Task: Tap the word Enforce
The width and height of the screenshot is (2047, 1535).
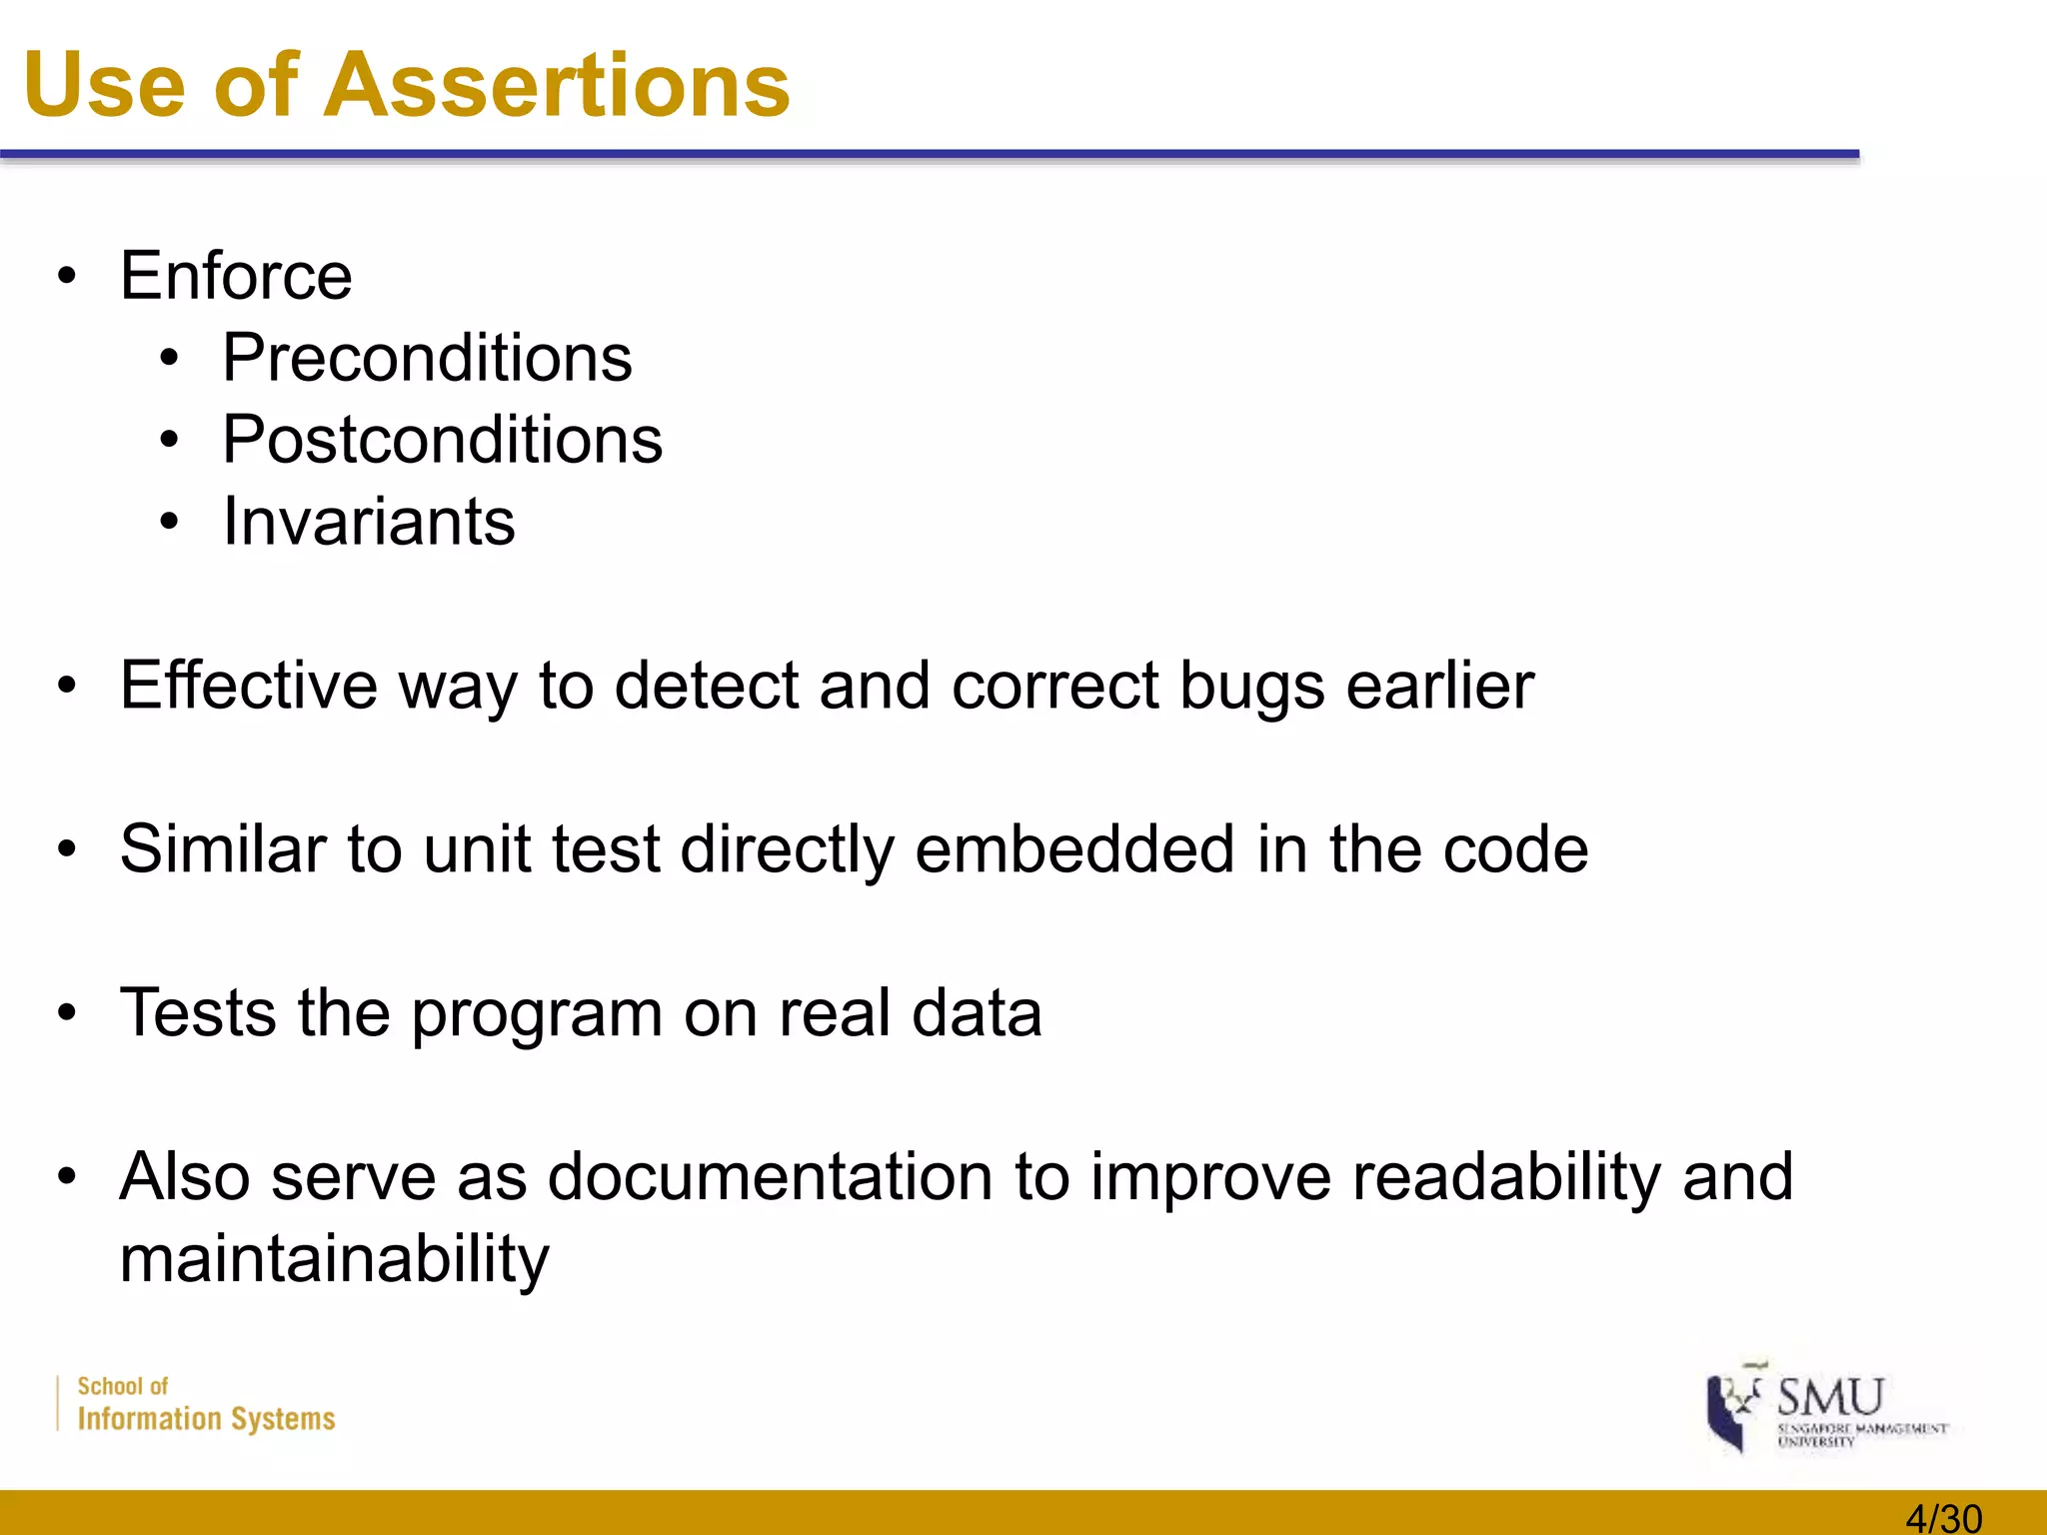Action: pos(236,276)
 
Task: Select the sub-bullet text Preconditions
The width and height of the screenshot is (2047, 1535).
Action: pos(427,358)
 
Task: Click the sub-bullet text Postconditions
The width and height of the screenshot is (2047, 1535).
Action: pos(442,440)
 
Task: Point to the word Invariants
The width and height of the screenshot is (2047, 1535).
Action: pos(369,522)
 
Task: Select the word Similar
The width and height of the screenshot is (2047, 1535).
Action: pos(225,849)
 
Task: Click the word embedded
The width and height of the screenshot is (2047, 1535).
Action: pos(1074,849)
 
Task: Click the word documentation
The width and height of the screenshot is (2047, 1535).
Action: pos(771,1177)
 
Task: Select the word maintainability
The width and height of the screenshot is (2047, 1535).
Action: pos(335,1259)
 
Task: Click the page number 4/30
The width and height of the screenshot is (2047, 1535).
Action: pos(1943,1518)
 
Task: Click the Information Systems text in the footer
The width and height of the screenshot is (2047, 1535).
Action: pos(206,1419)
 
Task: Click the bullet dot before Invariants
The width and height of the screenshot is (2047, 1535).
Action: pos(169,522)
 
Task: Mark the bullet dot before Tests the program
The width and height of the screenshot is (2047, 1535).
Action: pos(67,1013)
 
